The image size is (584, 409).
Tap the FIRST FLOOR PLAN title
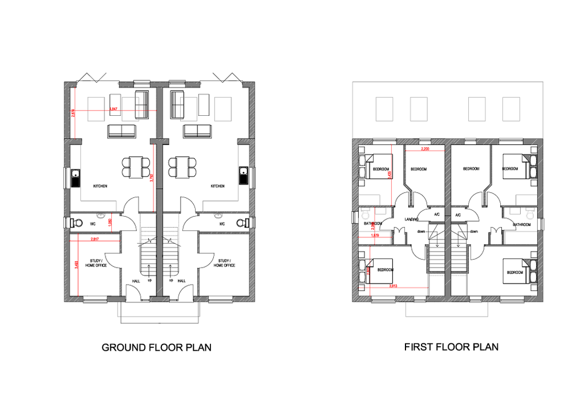click(x=451, y=346)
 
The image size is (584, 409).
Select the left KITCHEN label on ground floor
click(x=100, y=186)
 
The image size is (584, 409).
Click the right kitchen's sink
click(x=244, y=176)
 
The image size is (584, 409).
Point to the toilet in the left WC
click(x=78, y=222)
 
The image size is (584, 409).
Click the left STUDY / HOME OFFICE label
click(x=96, y=263)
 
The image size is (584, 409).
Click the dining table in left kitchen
click(x=136, y=167)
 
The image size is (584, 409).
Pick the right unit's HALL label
click(x=181, y=281)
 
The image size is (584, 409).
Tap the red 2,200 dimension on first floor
click(x=424, y=149)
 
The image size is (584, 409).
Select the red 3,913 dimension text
click(x=393, y=286)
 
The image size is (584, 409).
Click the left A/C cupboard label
click(x=437, y=214)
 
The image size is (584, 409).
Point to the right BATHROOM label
click(x=521, y=224)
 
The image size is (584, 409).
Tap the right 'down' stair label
click(x=474, y=232)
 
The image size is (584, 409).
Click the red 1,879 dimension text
click(x=375, y=235)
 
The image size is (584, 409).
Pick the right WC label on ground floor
click(x=222, y=224)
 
